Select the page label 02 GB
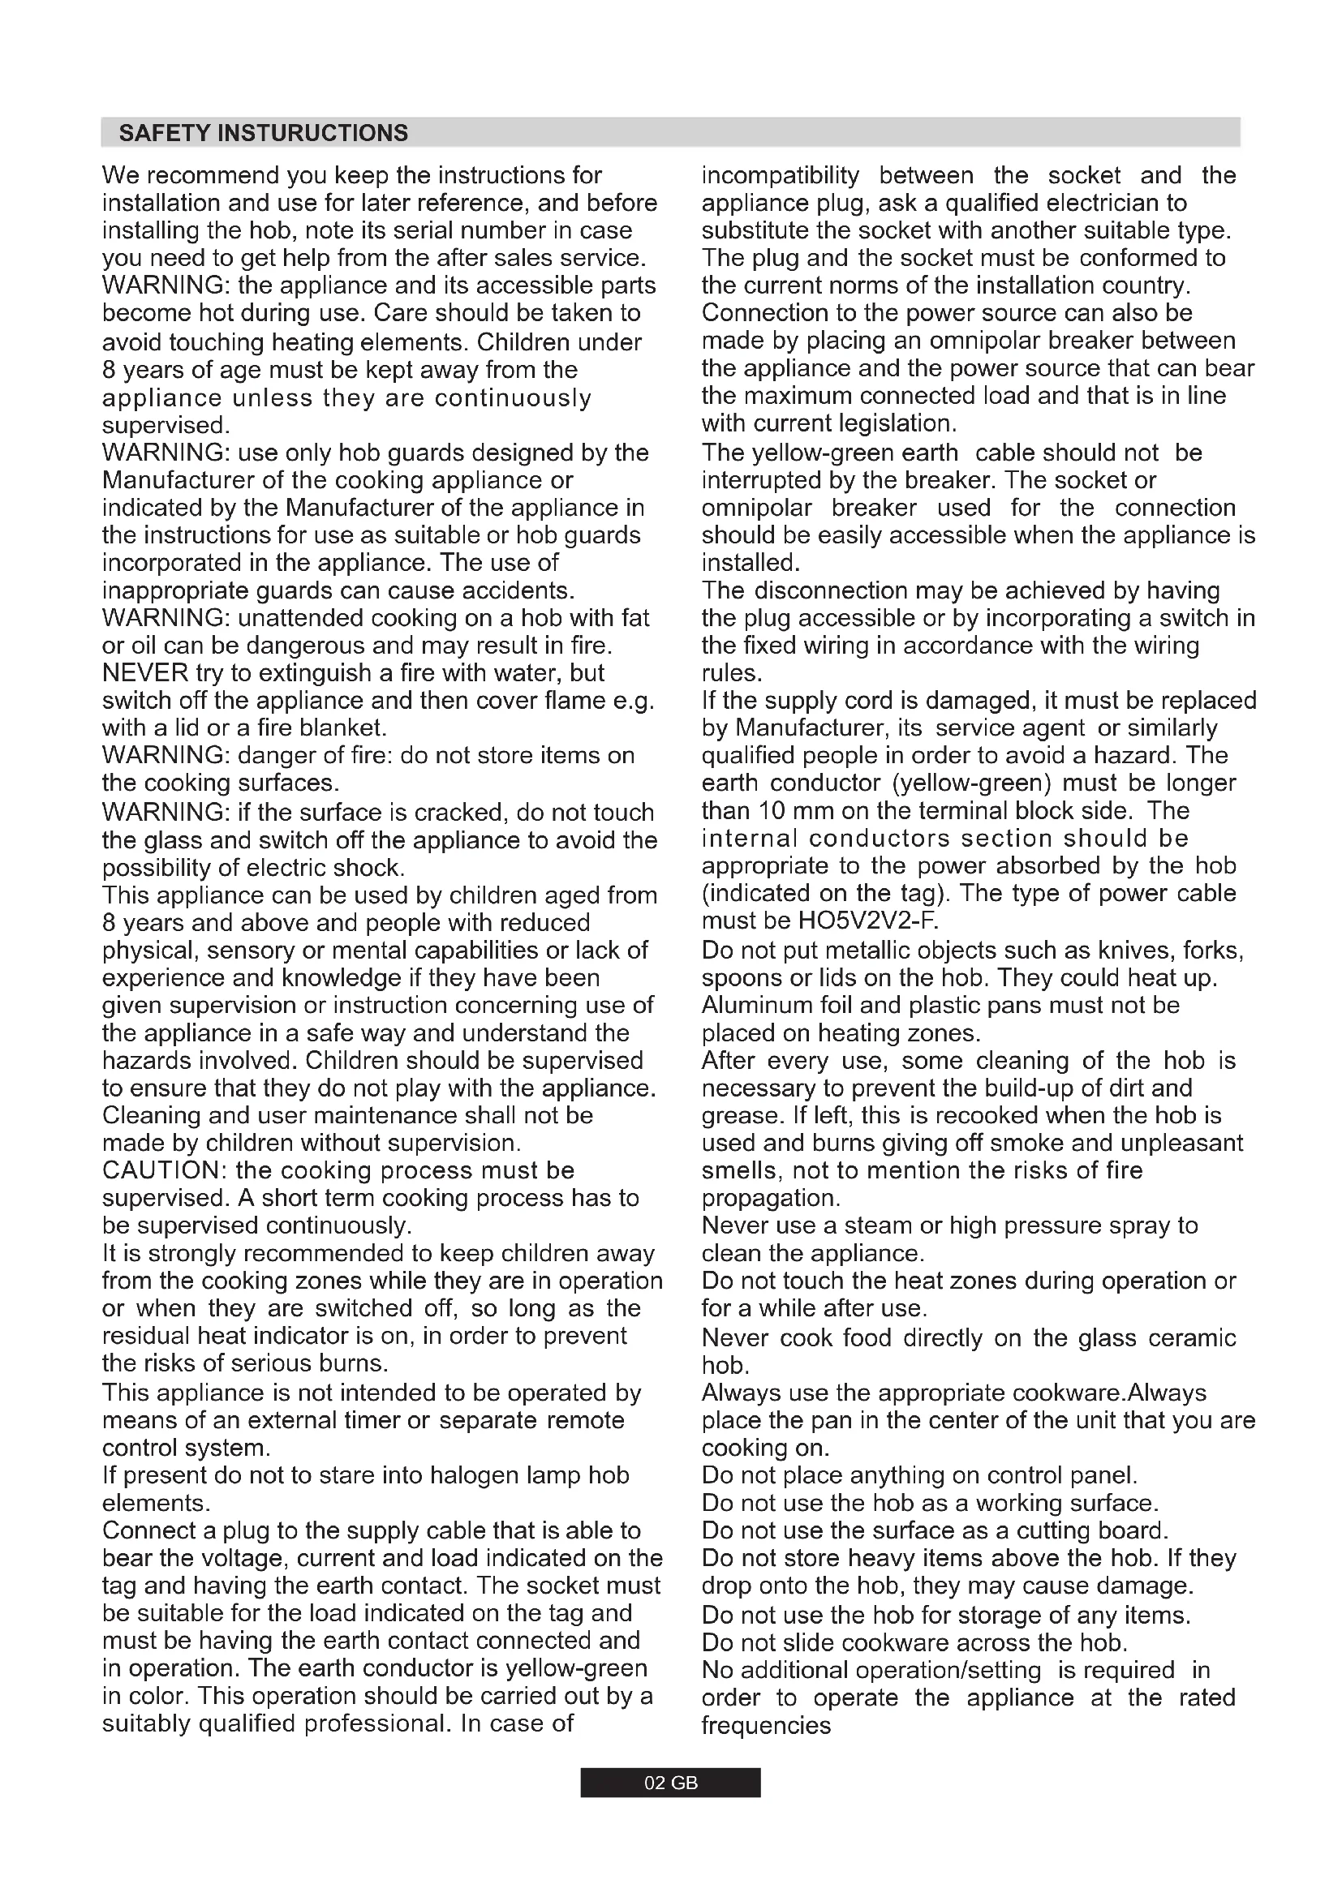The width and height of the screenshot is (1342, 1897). tap(670, 1783)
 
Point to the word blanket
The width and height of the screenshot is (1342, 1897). tap(342, 727)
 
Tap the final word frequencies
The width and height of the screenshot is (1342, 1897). tap(766, 1725)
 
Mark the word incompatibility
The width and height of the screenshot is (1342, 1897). tap(780, 175)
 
